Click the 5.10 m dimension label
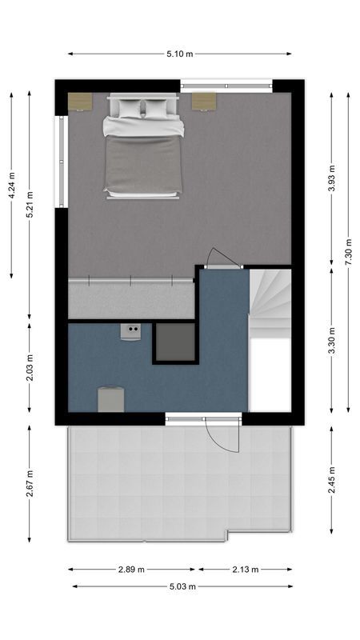point(180,54)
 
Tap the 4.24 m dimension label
point(11,185)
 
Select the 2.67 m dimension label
point(30,483)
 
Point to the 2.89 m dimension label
point(131,570)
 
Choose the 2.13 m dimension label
point(245,570)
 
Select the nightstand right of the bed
point(203,102)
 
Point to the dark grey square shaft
point(174,342)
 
